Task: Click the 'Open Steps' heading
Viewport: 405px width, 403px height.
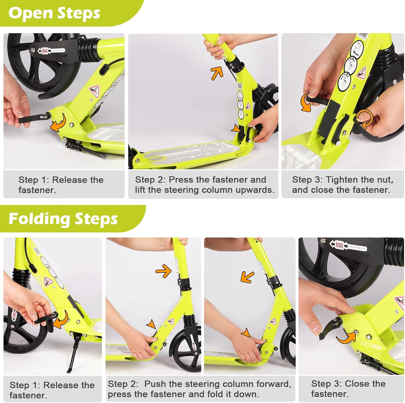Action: click(54, 13)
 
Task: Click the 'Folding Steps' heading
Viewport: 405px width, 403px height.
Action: click(63, 219)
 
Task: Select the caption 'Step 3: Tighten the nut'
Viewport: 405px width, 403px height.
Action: click(343, 180)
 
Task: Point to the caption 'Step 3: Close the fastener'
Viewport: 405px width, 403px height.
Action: click(348, 389)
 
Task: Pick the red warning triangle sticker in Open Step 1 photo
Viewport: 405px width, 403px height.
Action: click(95, 89)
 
